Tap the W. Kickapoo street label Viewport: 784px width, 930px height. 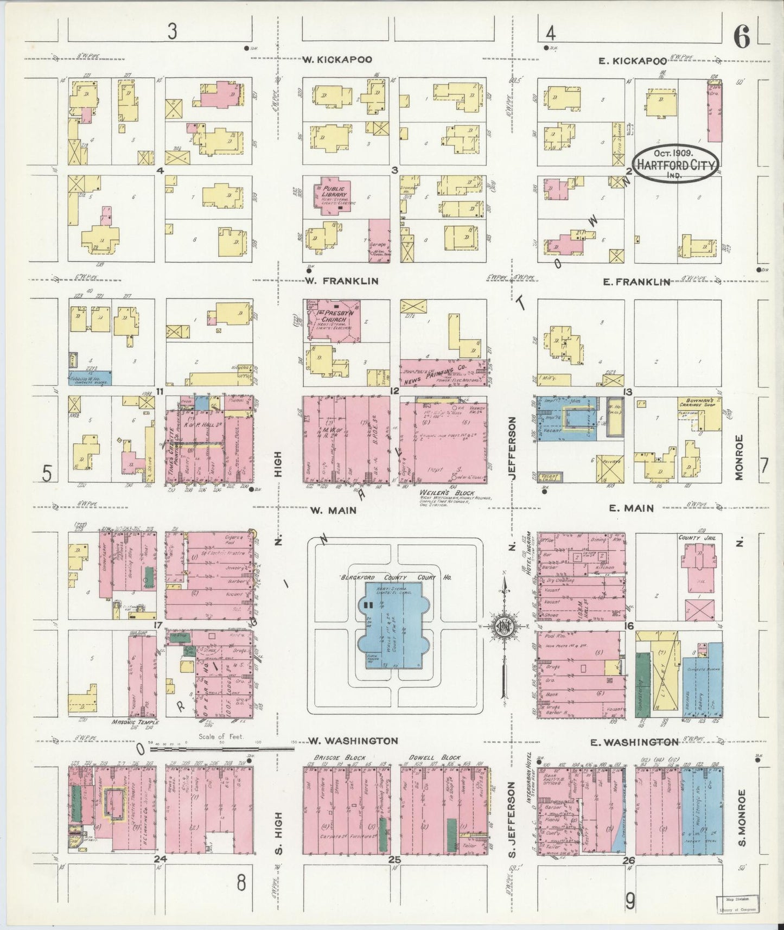coord(337,60)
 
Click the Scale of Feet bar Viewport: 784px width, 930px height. coord(221,748)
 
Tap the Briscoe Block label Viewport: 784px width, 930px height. coord(331,757)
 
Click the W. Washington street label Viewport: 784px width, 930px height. coord(353,741)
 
